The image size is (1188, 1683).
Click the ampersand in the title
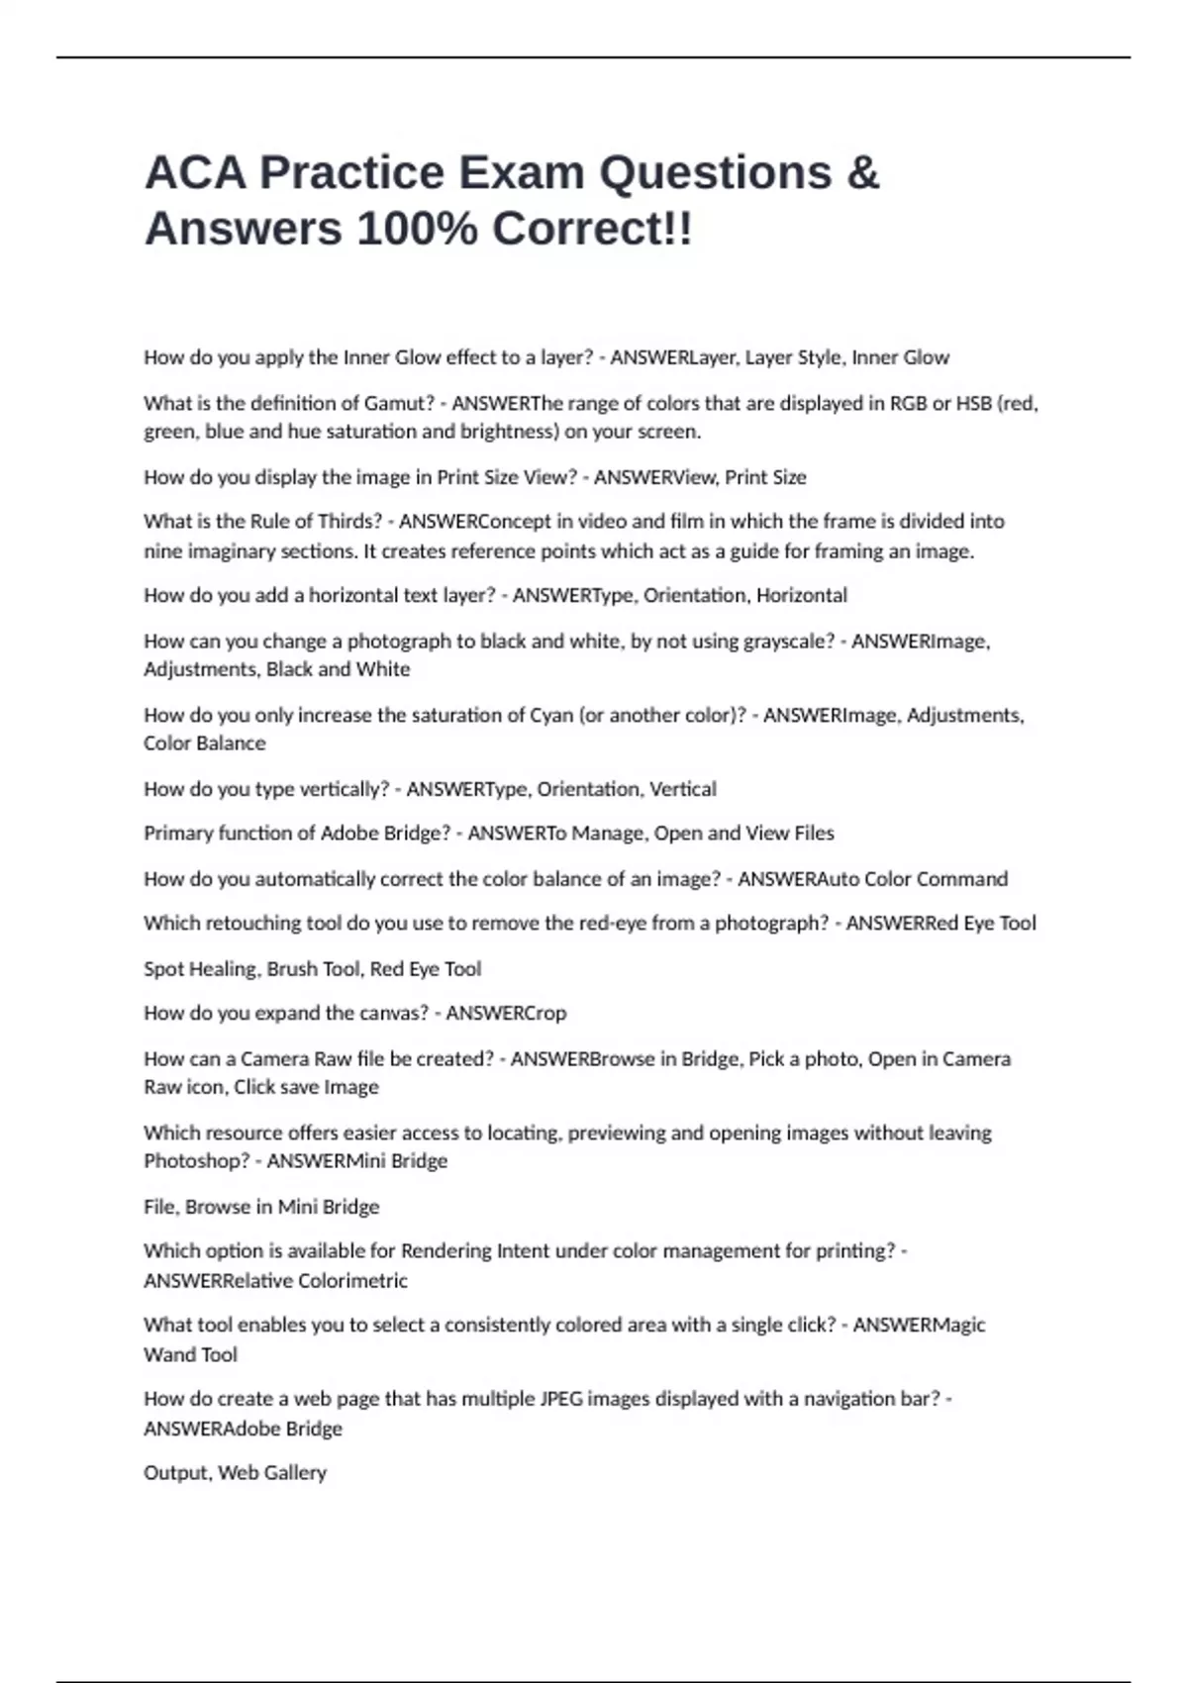pyautogui.click(x=863, y=173)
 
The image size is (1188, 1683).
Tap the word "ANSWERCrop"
pyautogui.click(x=506, y=1013)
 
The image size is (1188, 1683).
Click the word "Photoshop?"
pyautogui.click(x=196, y=1160)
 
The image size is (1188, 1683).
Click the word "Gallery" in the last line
pyautogui.click(x=294, y=1472)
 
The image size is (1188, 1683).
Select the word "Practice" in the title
pyautogui.click(x=352, y=173)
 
